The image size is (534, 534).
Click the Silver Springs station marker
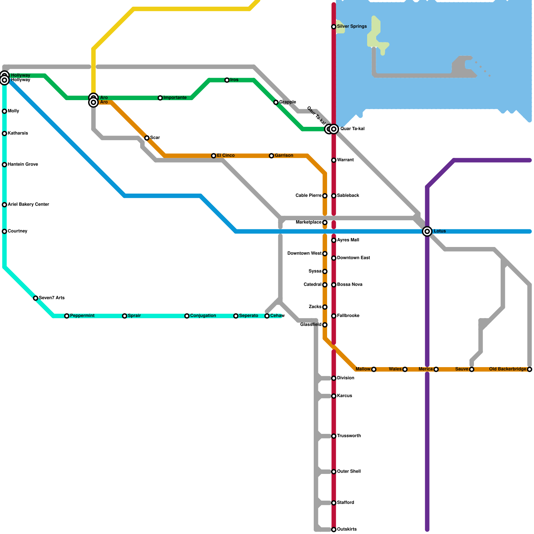333,27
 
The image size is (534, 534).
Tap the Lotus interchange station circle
427,231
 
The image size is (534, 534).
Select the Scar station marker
147,138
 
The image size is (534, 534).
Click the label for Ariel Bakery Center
28,205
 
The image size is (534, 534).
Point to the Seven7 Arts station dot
36,298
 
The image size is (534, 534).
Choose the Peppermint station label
82,316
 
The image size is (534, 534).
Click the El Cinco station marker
214,156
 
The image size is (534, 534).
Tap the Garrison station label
284,156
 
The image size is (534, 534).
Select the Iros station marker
227,80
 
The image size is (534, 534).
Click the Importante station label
175,98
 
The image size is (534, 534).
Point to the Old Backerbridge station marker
530,369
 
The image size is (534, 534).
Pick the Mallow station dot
374,369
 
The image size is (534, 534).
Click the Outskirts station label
347,529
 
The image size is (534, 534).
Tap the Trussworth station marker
333,436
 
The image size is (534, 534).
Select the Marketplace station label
309,222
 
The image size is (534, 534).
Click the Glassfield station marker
325,325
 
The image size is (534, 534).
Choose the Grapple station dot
276,102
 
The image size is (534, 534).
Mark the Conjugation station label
203,316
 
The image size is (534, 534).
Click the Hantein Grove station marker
4,165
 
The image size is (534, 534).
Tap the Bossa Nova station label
350,285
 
